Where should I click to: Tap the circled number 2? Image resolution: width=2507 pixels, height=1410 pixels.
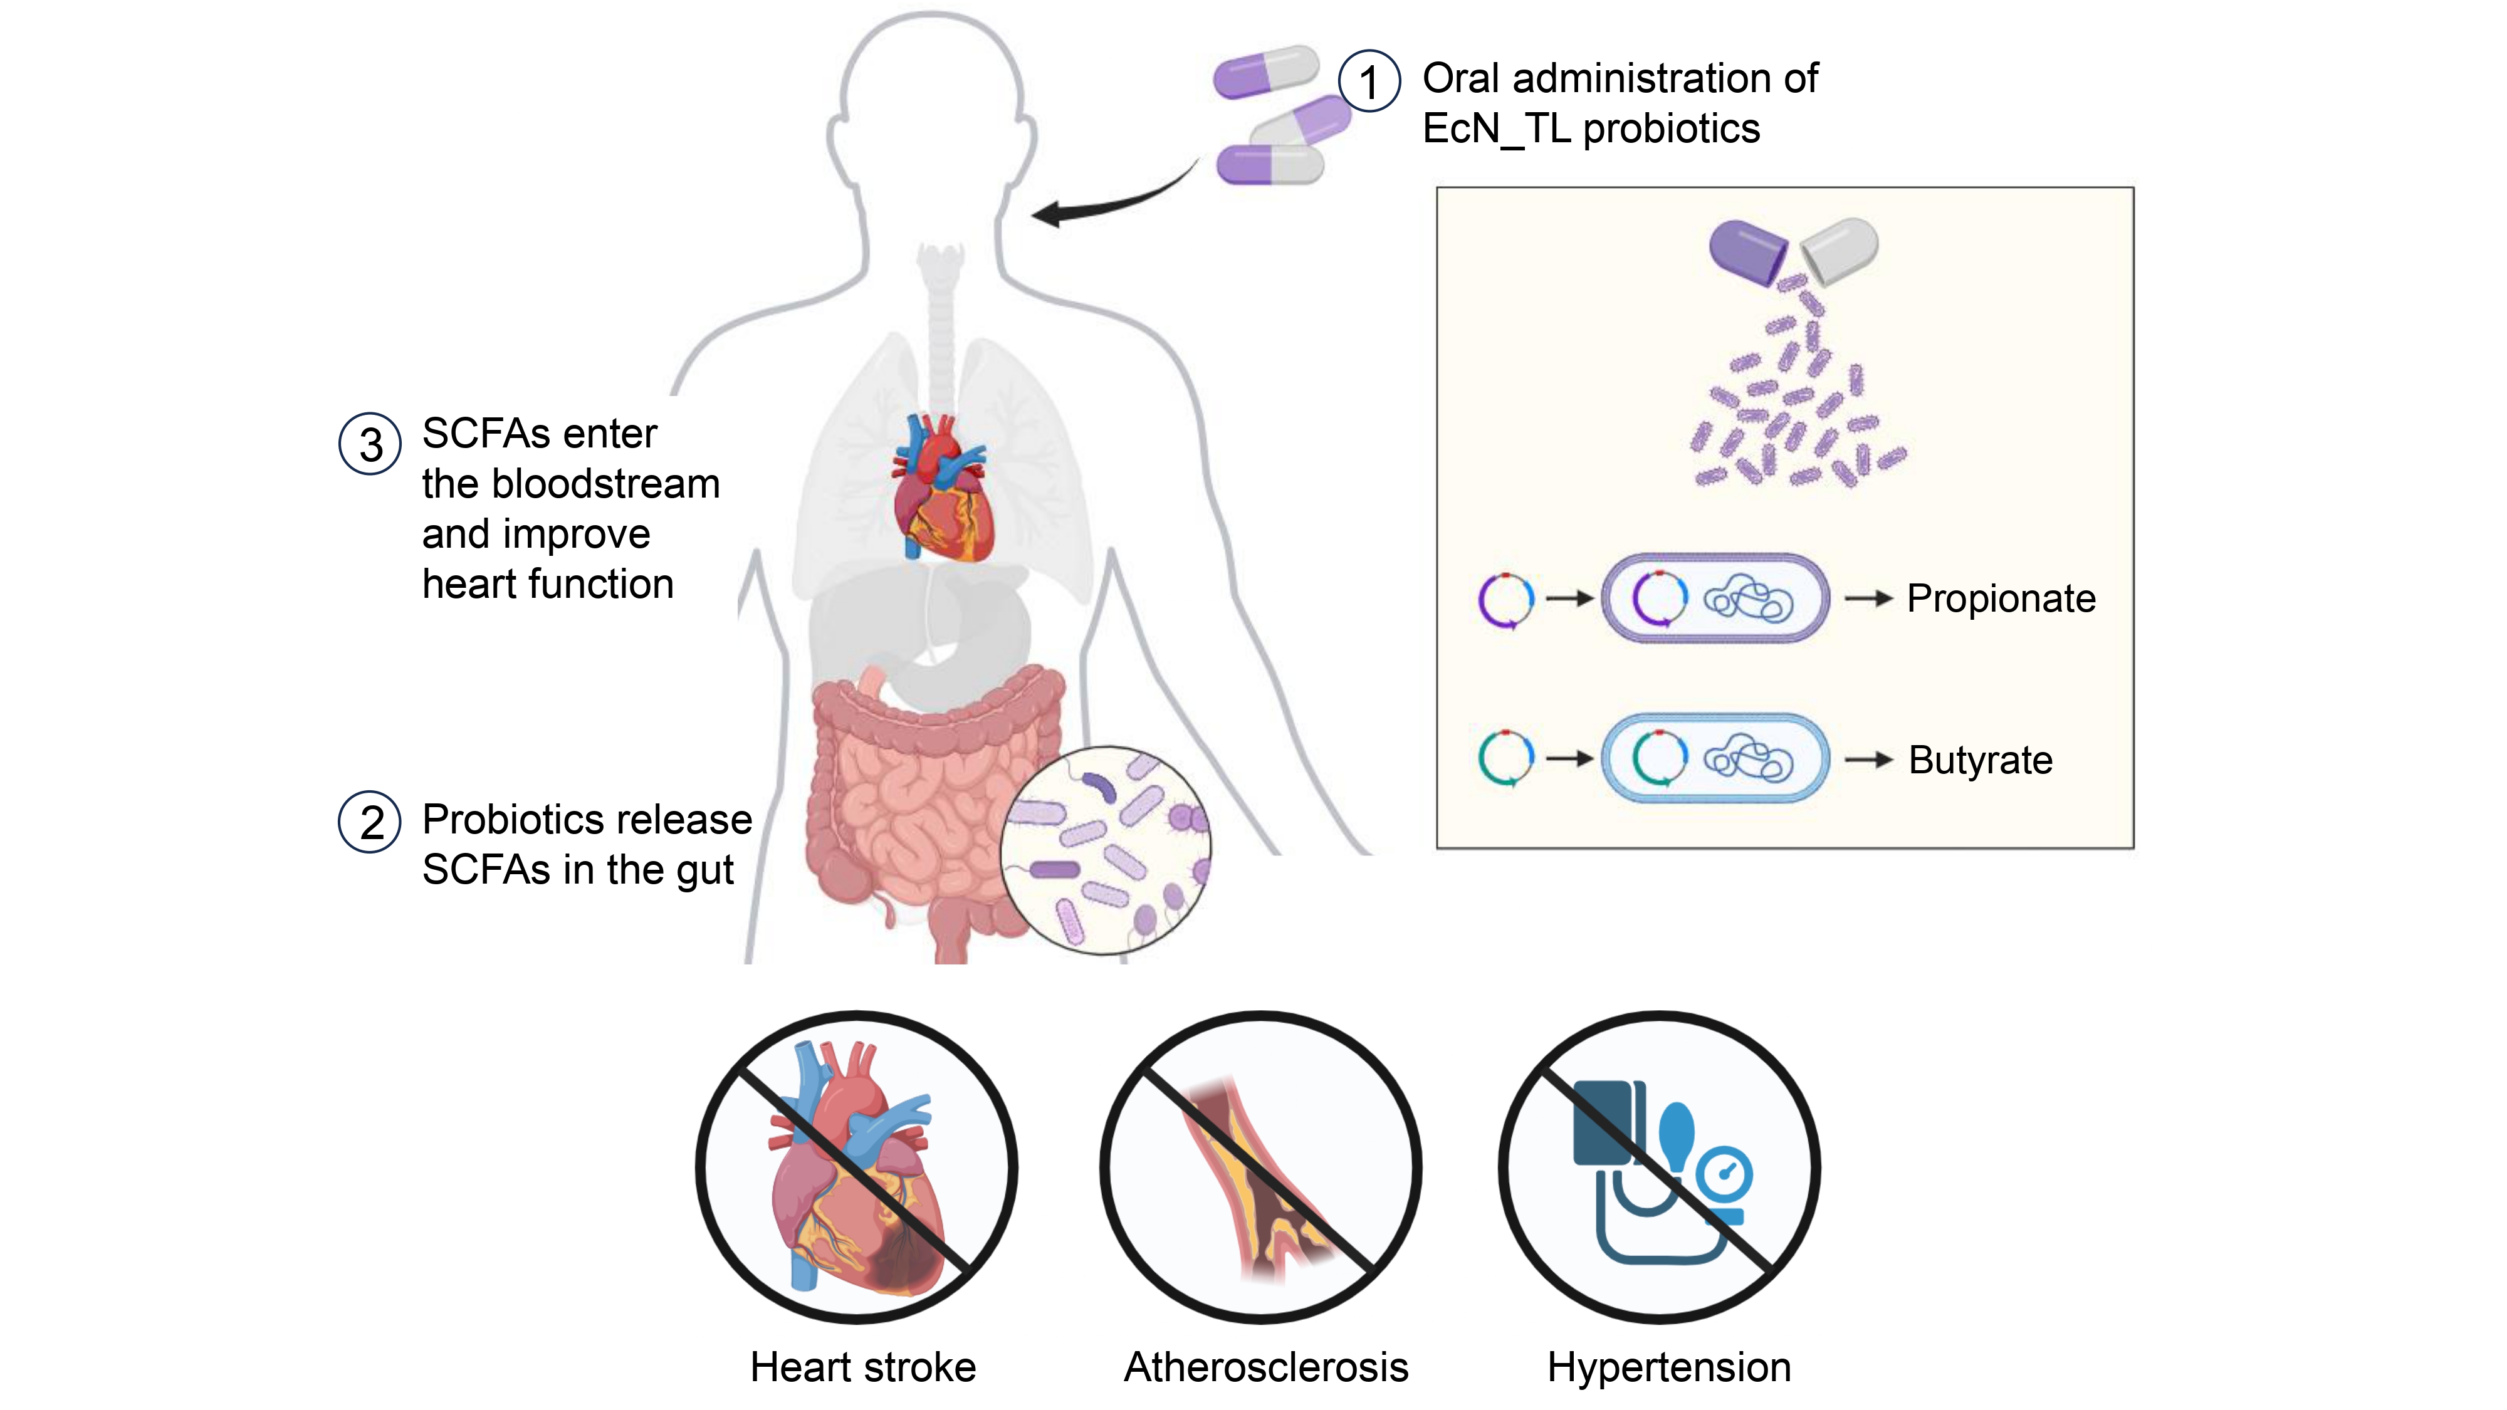point(370,822)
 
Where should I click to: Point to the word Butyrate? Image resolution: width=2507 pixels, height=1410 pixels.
point(1981,760)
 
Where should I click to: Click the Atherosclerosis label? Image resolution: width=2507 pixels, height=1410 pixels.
point(1266,1367)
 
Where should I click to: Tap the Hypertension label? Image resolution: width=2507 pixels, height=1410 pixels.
point(1669,1368)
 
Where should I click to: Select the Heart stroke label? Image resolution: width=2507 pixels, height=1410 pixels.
point(863,1367)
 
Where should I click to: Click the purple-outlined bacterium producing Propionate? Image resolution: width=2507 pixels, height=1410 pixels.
point(1715,597)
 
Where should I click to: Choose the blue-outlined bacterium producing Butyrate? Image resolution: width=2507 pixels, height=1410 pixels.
point(1715,758)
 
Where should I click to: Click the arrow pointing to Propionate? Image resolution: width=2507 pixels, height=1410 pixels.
point(1868,598)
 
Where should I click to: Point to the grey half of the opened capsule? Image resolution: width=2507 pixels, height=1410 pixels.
point(1840,250)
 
